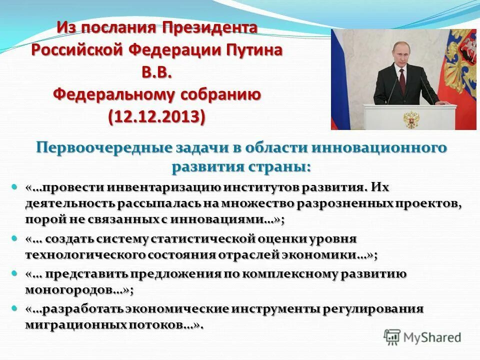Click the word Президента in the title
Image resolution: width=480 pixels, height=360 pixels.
(x=209, y=28)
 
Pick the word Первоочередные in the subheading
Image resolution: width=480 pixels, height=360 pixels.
(x=102, y=148)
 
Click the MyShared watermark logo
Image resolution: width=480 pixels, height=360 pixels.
(x=422, y=337)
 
